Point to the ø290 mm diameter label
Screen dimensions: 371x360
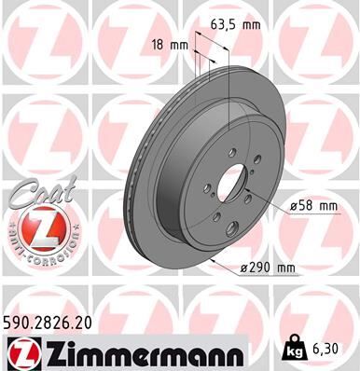coord(268,268)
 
